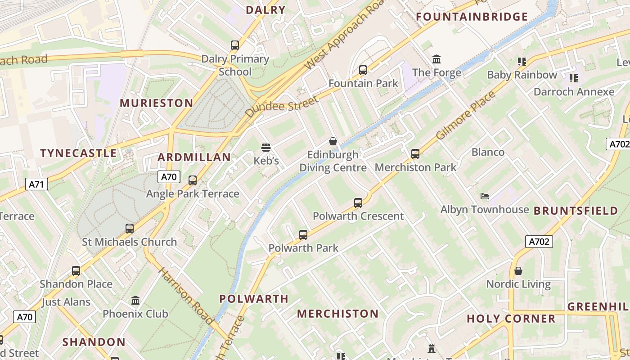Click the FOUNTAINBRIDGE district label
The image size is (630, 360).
pos(472,17)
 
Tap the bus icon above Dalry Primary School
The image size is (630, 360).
pos(235,45)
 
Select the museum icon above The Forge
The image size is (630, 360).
pos(436,59)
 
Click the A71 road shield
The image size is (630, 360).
pos(36,184)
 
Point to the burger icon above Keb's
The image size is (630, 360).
pos(266,147)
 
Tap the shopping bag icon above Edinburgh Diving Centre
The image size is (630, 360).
pos(333,141)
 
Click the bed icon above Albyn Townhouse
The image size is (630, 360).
pos(484,196)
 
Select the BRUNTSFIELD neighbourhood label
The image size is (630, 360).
pos(576,211)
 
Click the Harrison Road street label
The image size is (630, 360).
pos(185,296)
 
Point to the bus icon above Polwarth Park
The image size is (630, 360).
pos(303,234)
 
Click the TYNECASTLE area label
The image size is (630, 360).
pos(79,153)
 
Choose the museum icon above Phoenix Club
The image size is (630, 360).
pos(135,300)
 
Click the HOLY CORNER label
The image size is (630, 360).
pos(511,319)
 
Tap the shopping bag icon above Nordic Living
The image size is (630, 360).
pos(518,271)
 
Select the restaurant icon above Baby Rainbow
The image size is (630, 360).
pos(522,61)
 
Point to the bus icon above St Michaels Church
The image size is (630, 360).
pos(130,229)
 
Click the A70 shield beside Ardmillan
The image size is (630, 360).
pos(169,177)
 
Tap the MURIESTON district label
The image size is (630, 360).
pos(156,103)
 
